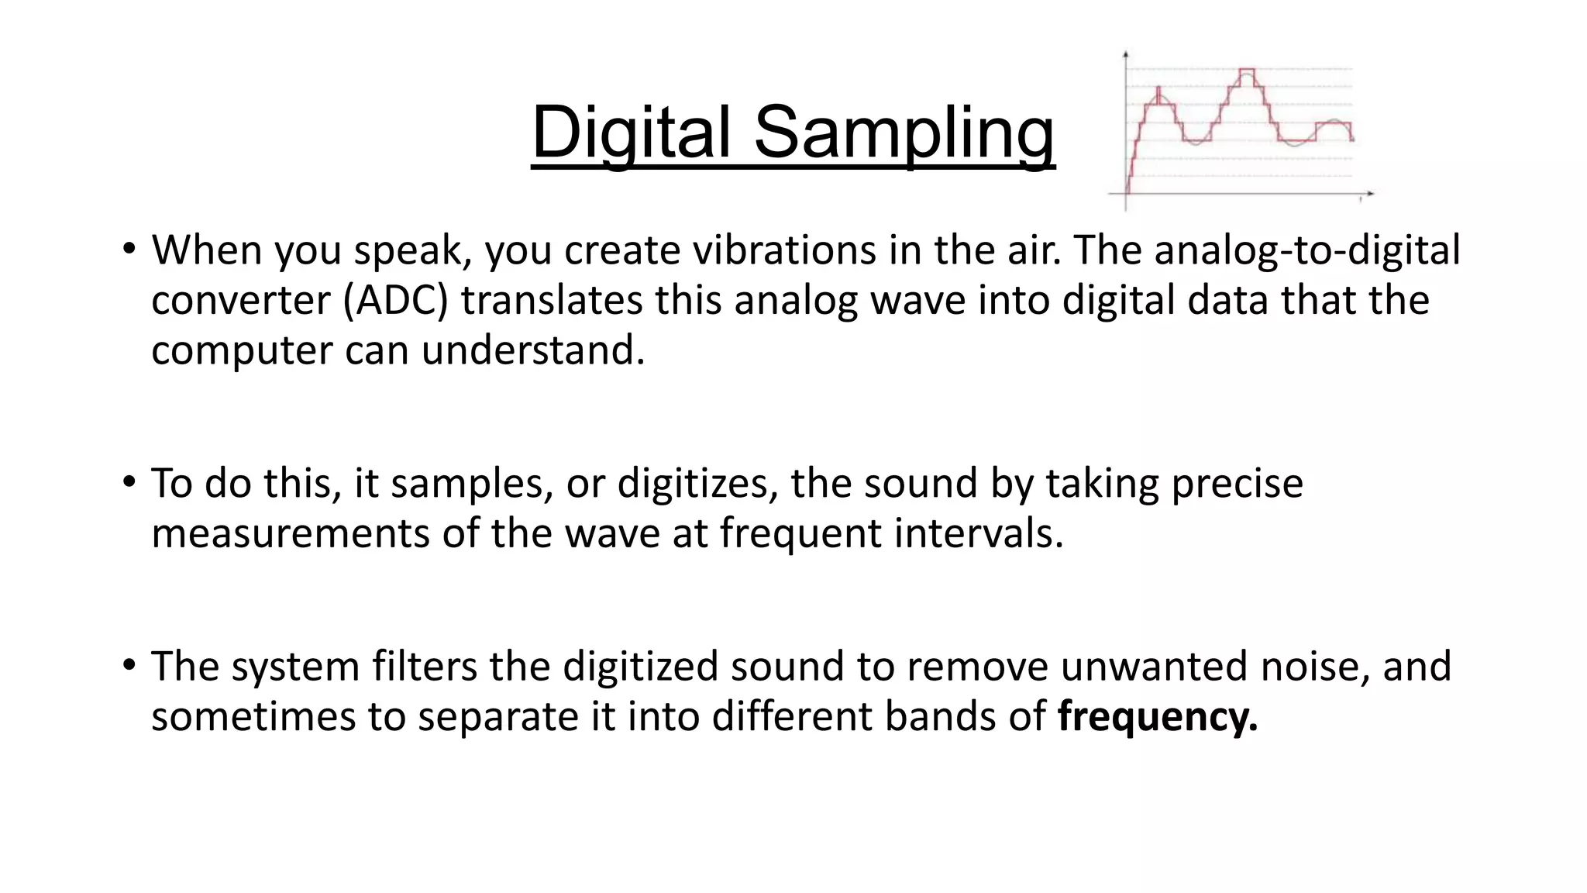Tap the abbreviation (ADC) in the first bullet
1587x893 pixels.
[396, 300]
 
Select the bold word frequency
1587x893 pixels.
[1157, 715]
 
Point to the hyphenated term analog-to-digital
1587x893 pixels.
[1307, 250]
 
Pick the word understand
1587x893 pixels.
[533, 350]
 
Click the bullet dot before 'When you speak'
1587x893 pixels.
[129, 250]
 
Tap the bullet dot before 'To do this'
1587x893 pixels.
[129, 483]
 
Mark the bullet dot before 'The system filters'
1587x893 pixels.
[129, 666]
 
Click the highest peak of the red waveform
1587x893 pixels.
[1246, 71]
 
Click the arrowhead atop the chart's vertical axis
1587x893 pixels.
[1125, 54]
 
